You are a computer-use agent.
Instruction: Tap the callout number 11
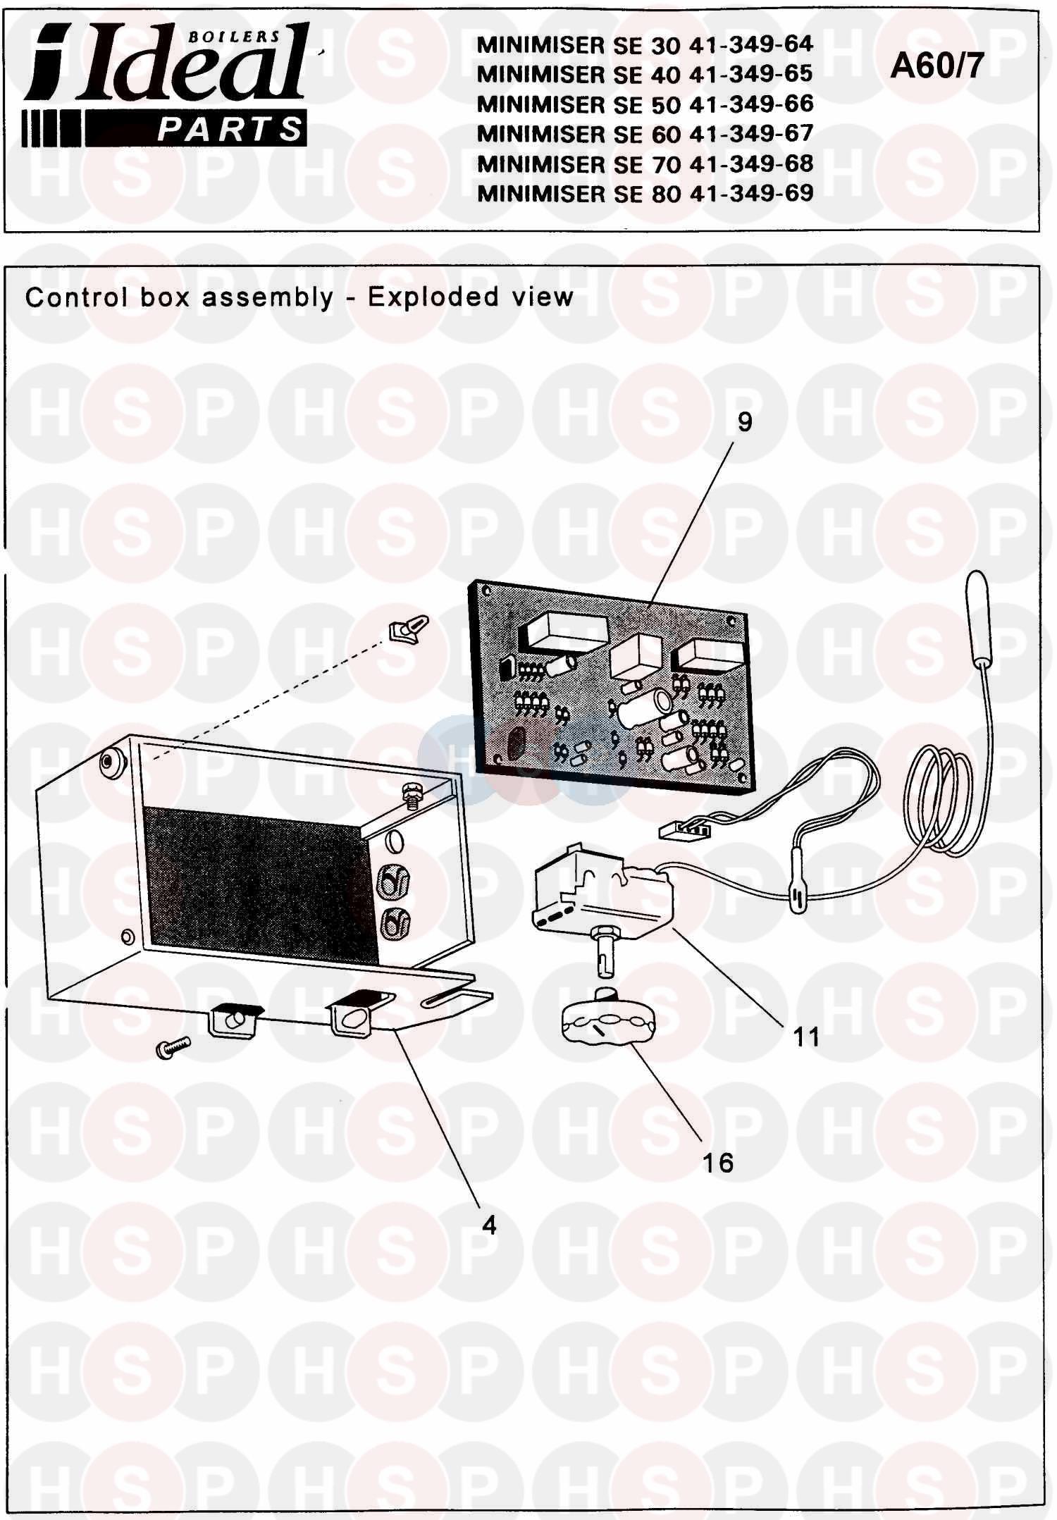click(x=806, y=1037)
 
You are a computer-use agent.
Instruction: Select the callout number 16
click(x=717, y=1163)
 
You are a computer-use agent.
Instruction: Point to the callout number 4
click(x=489, y=1225)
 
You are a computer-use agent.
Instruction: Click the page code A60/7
click(x=937, y=66)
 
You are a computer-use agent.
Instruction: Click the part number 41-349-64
click(x=751, y=45)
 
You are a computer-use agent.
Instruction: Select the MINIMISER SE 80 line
click(x=645, y=193)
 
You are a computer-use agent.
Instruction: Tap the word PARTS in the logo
click(x=230, y=130)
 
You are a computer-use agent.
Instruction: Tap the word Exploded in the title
click(x=432, y=297)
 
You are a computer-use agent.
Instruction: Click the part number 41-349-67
click(x=751, y=134)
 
